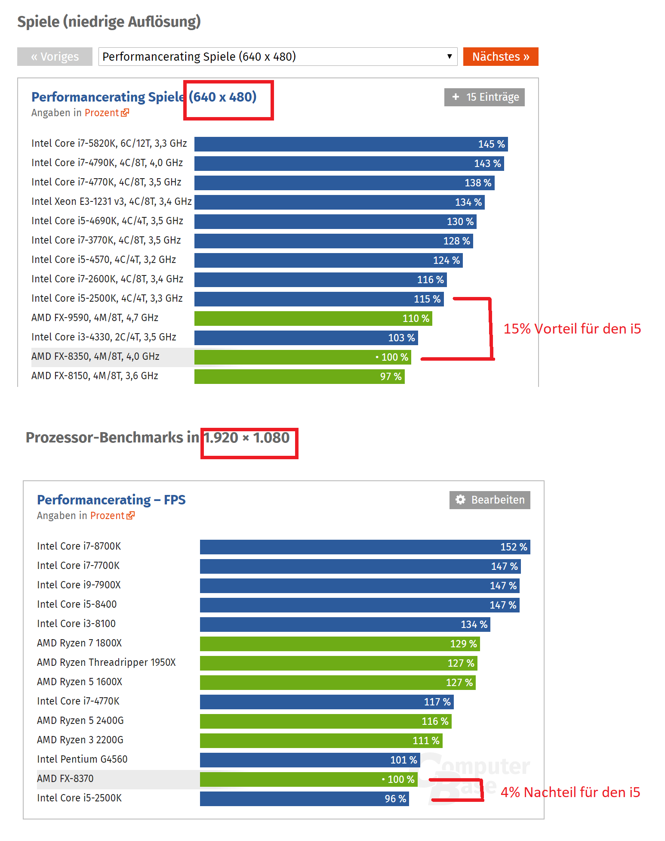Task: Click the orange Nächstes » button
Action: point(500,57)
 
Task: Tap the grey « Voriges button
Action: point(55,57)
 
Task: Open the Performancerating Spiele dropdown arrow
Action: point(449,56)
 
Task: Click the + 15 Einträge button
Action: point(484,97)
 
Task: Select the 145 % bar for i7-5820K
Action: point(351,144)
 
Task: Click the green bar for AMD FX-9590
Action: point(313,318)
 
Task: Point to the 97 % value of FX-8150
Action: point(391,377)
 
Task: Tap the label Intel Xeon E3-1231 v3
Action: point(111,201)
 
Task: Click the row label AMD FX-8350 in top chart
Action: point(95,357)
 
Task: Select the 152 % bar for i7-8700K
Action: point(365,547)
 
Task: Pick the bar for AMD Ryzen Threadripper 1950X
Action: point(338,663)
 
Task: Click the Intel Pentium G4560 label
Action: point(82,759)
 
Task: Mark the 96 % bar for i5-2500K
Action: point(304,799)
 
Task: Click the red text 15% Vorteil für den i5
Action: point(572,329)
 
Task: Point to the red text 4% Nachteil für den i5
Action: point(570,792)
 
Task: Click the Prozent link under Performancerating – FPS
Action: point(108,516)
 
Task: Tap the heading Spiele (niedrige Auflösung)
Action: point(109,22)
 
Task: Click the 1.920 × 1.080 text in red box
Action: point(247,438)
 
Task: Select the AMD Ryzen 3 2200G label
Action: point(80,740)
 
